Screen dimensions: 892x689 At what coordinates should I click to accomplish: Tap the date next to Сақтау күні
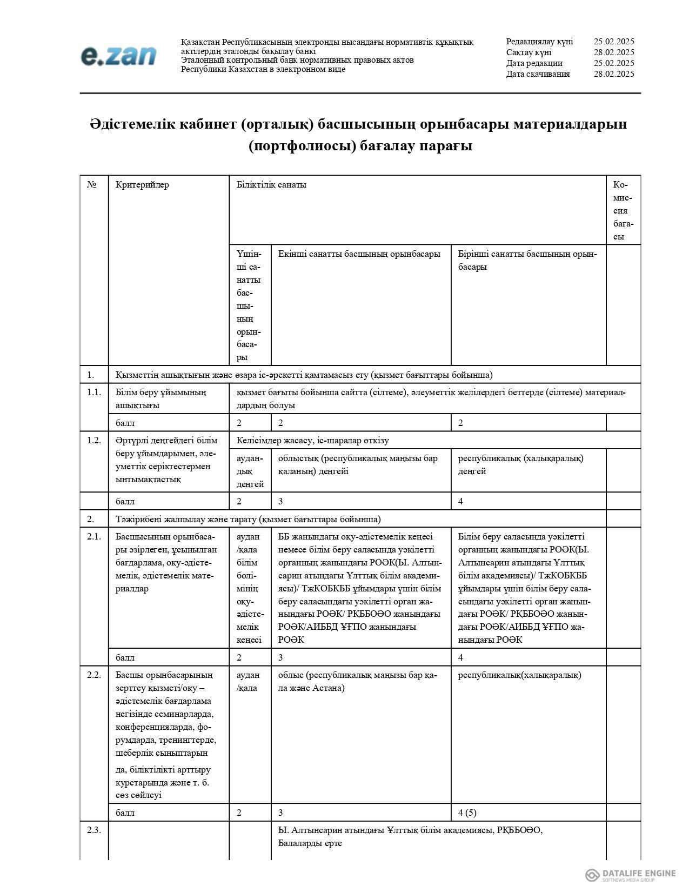tap(613, 52)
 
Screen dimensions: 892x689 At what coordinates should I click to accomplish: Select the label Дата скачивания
tap(538, 74)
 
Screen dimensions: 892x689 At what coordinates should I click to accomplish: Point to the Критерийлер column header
tap(142, 185)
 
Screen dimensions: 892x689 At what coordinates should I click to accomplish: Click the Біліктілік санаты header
tap(271, 185)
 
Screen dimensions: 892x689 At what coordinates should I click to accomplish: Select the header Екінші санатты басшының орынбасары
tap(359, 254)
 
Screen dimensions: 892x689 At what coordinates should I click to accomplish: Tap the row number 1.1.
tap(94, 392)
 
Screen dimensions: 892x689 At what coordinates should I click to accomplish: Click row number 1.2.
tap(94, 440)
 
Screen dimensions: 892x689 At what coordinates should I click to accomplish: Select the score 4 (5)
tap(467, 813)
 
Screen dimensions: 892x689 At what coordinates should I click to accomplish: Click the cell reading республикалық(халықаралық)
tap(519, 675)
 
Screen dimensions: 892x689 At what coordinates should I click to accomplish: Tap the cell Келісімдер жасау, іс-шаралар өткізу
tap(312, 441)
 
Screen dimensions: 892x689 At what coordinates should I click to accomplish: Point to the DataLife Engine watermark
tap(630, 875)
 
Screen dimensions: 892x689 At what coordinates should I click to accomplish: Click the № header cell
tap(92, 185)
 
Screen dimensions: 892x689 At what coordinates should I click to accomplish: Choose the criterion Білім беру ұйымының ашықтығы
tap(160, 398)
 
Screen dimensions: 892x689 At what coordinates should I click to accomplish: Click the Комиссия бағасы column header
tap(623, 211)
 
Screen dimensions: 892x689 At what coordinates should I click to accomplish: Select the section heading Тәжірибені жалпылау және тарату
tap(248, 520)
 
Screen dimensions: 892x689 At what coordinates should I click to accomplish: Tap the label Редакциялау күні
tap(539, 42)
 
